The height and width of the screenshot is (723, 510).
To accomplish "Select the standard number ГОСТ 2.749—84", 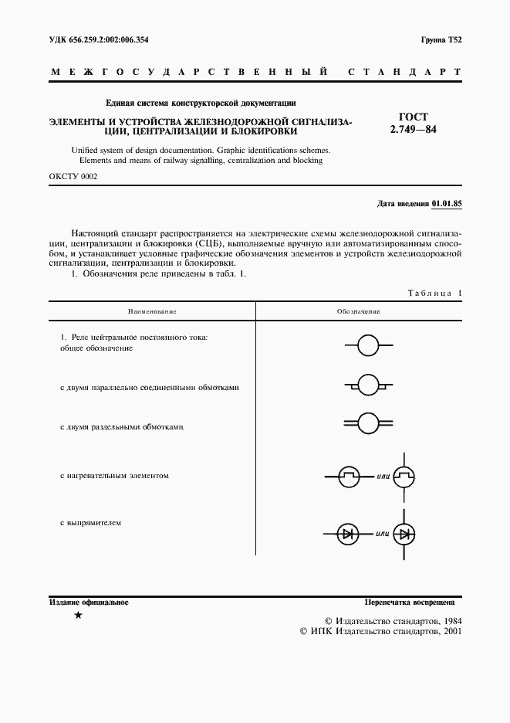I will [x=414, y=124].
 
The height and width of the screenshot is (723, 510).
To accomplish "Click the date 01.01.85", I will [x=447, y=203].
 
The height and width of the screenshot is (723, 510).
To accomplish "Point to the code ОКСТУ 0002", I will [x=73, y=176].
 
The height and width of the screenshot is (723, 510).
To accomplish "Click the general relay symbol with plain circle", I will [x=368, y=345].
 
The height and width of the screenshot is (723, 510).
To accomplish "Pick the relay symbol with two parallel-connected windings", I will [x=368, y=384].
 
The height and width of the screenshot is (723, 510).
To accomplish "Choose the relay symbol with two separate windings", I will [x=368, y=423].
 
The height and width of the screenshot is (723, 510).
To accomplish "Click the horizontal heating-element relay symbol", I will [x=348, y=477].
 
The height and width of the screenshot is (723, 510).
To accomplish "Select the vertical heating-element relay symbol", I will [x=404, y=477].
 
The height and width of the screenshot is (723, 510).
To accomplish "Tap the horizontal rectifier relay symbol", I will [x=348, y=533].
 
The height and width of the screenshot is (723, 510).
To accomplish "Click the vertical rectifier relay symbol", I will [x=404, y=533].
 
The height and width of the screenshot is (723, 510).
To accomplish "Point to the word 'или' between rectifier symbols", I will [x=382, y=534].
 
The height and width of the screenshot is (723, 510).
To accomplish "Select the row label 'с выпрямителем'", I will [x=90, y=523].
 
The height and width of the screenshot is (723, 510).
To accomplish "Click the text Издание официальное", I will [x=89, y=602].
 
